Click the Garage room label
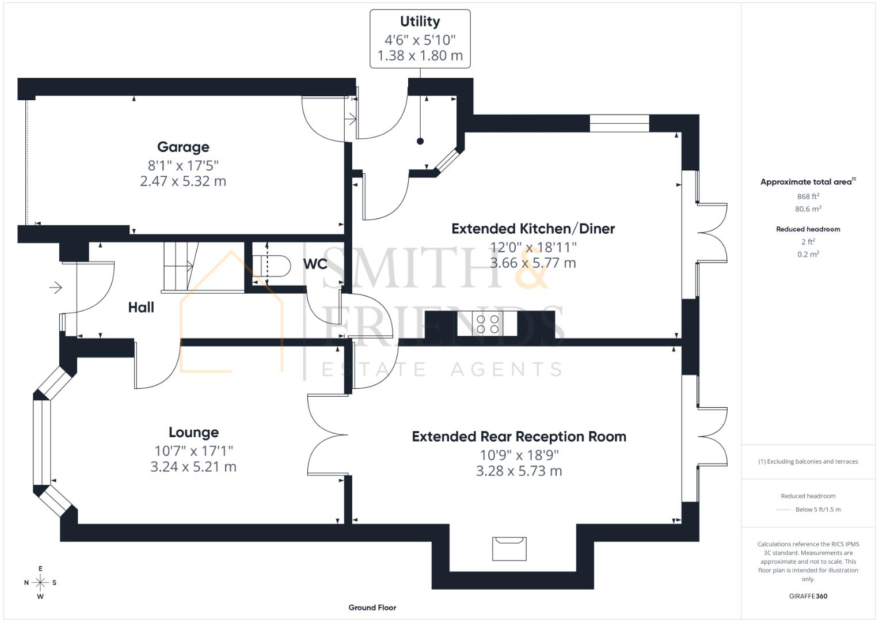(x=183, y=147)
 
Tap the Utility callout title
(x=420, y=22)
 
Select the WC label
(x=315, y=264)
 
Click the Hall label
(x=141, y=308)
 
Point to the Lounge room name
(x=193, y=433)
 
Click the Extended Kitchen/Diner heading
(x=532, y=229)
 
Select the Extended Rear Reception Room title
(x=519, y=437)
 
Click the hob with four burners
(x=487, y=324)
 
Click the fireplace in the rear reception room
(x=509, y=548)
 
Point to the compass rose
(x=40, y=582)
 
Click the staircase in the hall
(x=180, y=266)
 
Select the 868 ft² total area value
(x=808, y=196)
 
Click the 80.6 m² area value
(x=808, y=209)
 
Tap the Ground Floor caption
(x=372, y=607)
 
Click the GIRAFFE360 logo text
(x=808, y=596)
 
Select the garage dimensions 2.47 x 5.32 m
(x=183, y=181)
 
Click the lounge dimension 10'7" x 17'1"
(x=193, y=450)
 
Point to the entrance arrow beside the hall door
(x=56, y=287)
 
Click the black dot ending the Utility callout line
(x=420, y=141)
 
